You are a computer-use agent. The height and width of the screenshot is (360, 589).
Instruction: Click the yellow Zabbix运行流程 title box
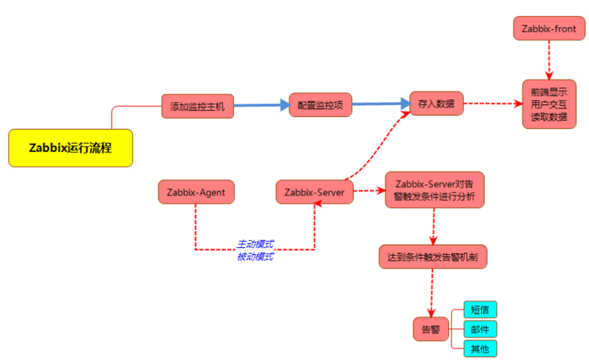70,147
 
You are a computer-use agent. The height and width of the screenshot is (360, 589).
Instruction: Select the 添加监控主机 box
197,107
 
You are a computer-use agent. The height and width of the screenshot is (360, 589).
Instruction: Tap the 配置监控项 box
320,104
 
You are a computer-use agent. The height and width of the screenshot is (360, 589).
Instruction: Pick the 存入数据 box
436,103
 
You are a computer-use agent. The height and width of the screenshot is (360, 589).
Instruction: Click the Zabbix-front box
549,29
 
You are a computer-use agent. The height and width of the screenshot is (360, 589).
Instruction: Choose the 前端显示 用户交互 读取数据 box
549,104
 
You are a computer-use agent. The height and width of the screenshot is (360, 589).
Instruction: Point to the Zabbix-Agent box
196,192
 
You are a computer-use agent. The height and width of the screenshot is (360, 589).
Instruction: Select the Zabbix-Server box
315,192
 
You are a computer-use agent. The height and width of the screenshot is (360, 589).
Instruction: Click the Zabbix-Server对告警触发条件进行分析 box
434,190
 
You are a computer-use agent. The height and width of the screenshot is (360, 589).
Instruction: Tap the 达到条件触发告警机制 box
433,257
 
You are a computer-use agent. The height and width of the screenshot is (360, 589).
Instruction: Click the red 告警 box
431,329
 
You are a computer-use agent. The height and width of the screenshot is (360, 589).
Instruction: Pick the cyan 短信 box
480,310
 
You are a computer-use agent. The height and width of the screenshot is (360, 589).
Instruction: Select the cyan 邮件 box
480,329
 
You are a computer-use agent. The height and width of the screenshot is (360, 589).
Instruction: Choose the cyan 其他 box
480,348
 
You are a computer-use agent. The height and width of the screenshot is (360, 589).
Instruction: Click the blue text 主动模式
255,244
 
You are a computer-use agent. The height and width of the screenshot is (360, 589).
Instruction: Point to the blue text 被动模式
255,257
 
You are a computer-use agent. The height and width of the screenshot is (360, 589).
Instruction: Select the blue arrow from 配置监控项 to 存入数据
381,104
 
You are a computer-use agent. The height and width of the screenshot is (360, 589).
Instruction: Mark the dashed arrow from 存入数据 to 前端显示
493,103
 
